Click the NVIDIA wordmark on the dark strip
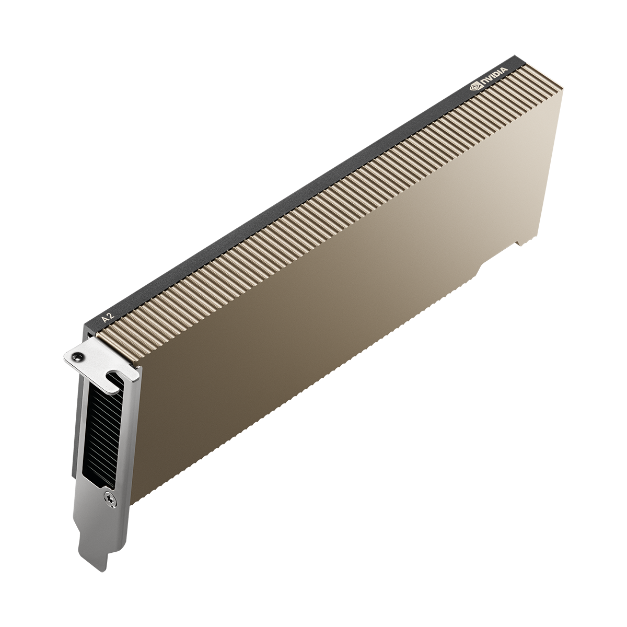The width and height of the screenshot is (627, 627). click(x=493, y=77)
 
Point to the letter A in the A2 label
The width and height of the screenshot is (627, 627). click(x=105, y=319)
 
